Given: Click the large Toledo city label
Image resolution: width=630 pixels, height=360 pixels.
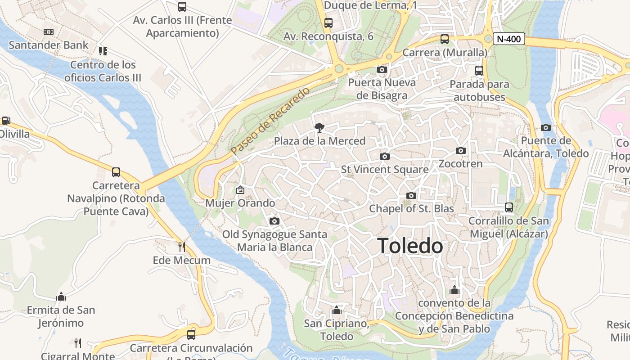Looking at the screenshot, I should coord(410,246).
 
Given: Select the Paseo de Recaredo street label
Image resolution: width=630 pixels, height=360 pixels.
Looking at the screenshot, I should coord(270,121).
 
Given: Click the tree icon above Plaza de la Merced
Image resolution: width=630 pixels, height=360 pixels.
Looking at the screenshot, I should coord(319,128).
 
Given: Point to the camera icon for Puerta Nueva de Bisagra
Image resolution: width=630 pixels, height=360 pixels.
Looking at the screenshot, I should coord(382,69).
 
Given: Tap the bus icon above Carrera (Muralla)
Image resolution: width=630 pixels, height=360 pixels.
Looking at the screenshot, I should coord(445,39).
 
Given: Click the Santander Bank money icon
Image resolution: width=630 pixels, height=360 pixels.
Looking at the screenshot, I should coord(49,32).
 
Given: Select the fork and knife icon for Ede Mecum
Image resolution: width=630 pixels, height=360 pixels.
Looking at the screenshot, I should coord(182,247).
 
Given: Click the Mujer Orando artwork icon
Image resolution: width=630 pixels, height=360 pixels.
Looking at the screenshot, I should coord(240,190).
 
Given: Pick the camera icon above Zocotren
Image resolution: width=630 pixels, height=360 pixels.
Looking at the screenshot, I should coord(460,150).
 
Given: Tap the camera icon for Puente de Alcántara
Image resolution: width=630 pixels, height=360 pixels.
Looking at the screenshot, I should coord(546,127).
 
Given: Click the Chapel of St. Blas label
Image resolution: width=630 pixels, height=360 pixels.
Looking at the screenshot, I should coord(411,209).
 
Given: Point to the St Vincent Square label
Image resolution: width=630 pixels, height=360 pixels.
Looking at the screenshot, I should coord(385,170).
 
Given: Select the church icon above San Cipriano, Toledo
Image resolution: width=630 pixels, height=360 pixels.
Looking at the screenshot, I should coord(336,310).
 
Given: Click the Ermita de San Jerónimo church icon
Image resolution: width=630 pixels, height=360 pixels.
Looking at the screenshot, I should coord(61,297).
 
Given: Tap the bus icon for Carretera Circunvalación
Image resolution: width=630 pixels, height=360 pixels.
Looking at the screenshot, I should coord(191,334).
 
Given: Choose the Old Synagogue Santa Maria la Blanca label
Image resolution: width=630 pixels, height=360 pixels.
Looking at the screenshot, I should coord(274,241).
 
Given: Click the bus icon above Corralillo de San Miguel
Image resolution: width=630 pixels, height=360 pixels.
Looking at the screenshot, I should coord(509,207).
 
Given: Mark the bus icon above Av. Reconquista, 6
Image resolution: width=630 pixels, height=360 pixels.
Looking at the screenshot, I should coord(328,23).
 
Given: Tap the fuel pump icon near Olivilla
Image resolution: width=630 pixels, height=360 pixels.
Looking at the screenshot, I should coord(5,121).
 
